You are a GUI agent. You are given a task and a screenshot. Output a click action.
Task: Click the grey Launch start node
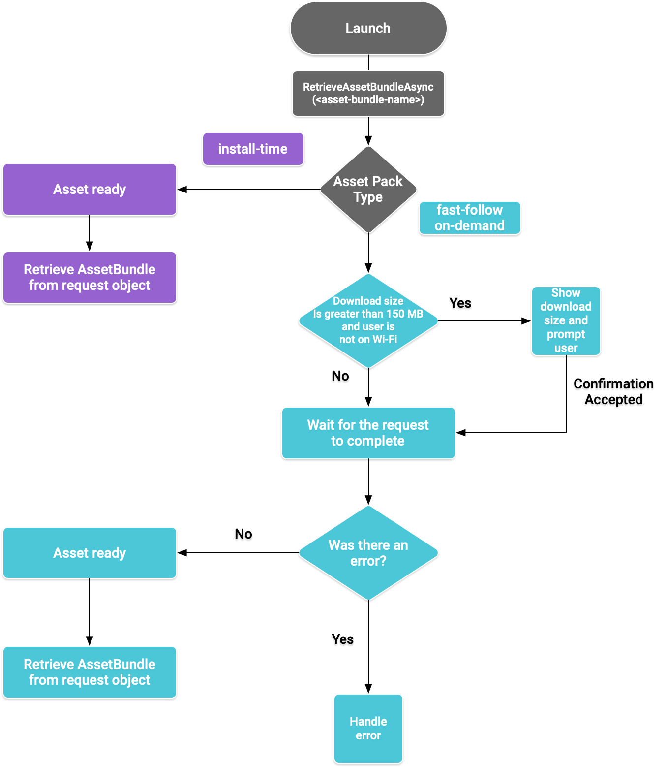[x=368, y=28]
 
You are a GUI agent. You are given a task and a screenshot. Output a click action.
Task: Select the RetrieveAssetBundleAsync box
[x=368, y=94]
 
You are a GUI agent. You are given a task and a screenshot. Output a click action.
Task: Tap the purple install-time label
[x=253, y=149]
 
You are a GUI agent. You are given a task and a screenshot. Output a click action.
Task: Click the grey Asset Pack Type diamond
[x=368, y=189]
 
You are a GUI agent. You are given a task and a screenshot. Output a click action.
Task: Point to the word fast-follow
[x=469, y=210]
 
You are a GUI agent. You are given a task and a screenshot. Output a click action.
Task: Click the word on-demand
[x=469, y=226]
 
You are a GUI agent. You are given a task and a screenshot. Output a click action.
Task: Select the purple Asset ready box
[x=90, y=189]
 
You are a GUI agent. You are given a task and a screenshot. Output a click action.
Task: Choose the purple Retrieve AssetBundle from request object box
[x=90, y=277]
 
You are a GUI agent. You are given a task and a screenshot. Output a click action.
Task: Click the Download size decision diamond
[x=368, y=320]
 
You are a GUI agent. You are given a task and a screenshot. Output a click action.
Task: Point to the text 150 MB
[x=405, y=314]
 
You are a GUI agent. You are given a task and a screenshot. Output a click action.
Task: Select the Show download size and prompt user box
[x=566, y=320]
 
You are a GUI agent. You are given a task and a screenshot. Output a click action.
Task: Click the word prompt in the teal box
[x=566, y=334]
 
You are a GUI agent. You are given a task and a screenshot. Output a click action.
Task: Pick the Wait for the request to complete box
[x=368, y=433]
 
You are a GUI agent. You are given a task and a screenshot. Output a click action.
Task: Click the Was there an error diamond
[x=368, y=553]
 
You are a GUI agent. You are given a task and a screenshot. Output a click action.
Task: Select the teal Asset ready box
[x=90, y=553]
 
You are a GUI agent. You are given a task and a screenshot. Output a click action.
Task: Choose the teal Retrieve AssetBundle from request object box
[x=90, y=672]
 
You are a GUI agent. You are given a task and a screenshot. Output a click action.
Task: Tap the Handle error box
[x=368, y=728]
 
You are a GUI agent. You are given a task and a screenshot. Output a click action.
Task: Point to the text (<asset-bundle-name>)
[x=368, y=100]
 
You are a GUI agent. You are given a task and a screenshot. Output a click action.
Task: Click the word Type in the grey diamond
[x=368, y=197]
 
